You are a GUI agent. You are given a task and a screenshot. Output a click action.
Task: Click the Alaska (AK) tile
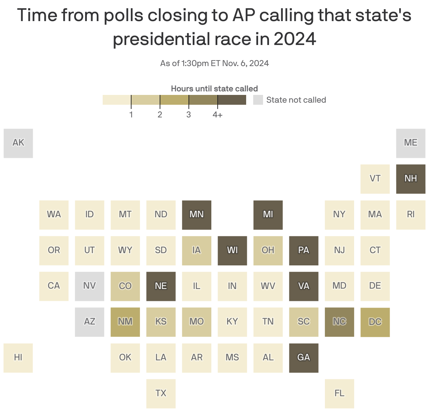tap(18, 143)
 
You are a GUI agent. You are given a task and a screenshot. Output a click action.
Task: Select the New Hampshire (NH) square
tap(411, 179)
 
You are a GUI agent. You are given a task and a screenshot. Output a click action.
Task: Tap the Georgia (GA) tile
tap(304, 358)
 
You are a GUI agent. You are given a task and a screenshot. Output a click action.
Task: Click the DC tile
tap(375, 322)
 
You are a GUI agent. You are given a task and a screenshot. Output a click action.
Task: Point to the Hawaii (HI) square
tap(18, 358)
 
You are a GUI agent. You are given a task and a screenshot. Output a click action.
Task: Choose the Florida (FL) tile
tap(339, 393)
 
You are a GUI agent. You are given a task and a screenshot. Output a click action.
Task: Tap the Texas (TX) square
tap(161, 393)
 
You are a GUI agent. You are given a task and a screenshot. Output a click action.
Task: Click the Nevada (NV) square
tap(89, 286)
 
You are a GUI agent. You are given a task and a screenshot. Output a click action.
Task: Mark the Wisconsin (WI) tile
tap(232, 250)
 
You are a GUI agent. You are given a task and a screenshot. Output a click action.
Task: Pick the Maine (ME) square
tap(411, 143)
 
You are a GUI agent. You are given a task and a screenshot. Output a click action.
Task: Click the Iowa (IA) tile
tap(197, 250)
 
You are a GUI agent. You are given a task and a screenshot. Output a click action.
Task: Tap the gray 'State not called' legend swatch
tap(258, 100)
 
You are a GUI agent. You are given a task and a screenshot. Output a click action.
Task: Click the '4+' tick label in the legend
tap(217, 115)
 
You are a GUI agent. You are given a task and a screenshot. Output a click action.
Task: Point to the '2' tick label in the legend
tap(160, 115)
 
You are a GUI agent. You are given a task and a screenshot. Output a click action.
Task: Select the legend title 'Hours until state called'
tap(214, 89)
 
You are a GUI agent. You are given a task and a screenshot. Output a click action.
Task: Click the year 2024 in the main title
tap(295, 39)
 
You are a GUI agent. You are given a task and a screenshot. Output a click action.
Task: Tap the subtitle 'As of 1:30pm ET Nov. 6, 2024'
tap(214, 63)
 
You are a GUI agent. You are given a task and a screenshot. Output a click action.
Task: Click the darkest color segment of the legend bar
tap(232, 100)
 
